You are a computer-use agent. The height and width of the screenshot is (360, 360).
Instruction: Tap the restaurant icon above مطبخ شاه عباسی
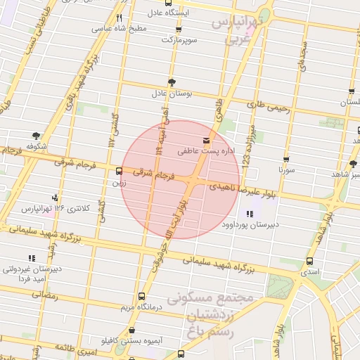120,18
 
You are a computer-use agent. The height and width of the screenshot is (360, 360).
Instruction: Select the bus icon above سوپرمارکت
178,30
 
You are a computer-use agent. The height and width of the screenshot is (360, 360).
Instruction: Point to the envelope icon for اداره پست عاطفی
206,140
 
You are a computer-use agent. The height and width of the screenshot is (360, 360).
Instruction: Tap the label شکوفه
36,146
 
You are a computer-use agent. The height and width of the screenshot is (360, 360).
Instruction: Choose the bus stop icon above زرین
118,171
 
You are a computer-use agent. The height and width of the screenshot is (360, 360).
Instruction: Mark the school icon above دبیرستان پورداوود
249,214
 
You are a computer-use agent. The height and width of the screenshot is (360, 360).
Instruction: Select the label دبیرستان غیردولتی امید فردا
31,274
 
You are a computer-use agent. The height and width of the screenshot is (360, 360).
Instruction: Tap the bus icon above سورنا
286,160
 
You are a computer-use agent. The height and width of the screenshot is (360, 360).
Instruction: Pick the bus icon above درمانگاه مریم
143,296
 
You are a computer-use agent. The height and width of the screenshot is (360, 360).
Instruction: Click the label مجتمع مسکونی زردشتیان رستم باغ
219,314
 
